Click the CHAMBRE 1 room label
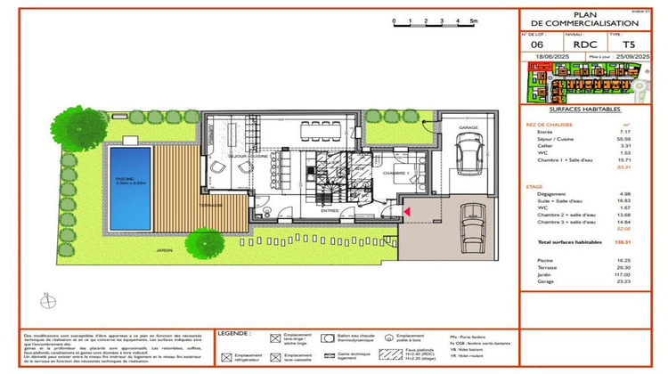pos(395,173)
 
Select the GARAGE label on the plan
pos(468,129)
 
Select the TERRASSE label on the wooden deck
pos(210,205)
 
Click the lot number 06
pos(536,44)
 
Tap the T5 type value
pos(629,44)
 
